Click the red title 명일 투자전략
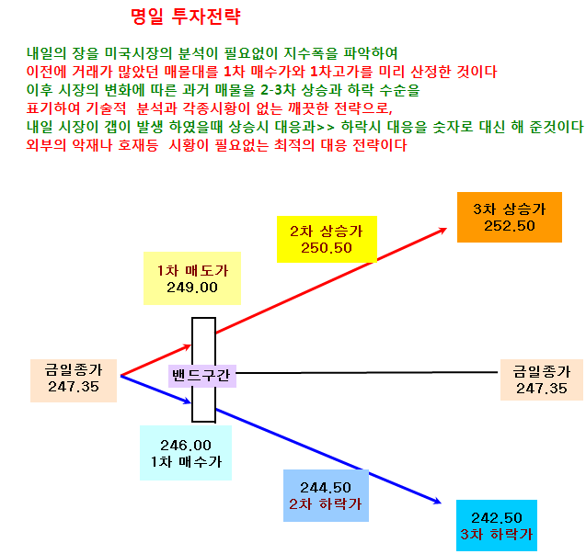186,17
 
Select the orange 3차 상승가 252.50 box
510,217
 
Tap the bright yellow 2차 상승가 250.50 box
327,239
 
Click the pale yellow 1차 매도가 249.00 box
192,278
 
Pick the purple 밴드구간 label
202,376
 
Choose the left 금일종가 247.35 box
74,380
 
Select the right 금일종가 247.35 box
542,380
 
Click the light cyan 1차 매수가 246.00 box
186,453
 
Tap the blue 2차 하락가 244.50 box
326,496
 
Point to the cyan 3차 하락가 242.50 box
497,526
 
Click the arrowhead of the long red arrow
443,230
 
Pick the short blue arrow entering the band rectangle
155,390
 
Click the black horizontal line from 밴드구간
367,373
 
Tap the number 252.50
510,226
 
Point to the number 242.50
497,518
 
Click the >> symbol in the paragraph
326,128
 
